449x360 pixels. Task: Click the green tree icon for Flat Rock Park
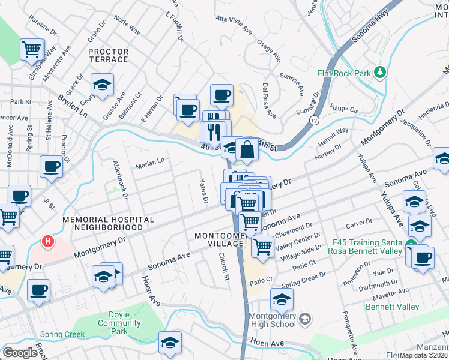click(379, 73)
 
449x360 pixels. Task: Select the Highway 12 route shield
click(314, 121)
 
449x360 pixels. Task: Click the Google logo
click(20, 353)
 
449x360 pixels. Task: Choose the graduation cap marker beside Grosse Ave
click(102, 84)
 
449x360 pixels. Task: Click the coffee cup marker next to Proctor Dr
click(51, 166)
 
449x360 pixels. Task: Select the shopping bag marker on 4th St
click(247, 148)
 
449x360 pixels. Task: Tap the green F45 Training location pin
click(411, 244)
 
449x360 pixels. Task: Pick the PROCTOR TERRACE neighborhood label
click(108, 56)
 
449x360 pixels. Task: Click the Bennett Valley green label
click(393, 307)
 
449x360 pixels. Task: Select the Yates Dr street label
click(204, 190)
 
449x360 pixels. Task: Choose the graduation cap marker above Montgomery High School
click(282, 298)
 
